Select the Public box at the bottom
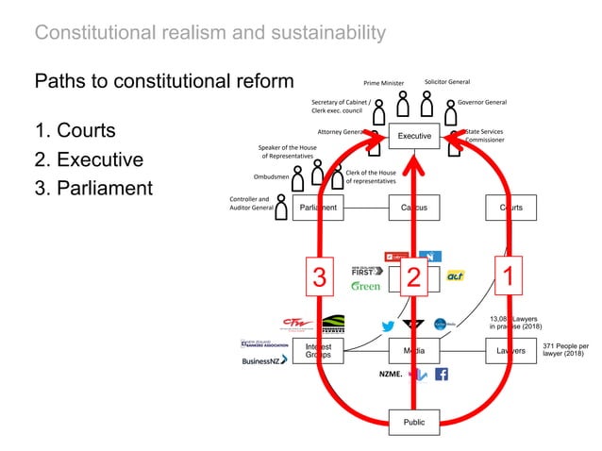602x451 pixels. click(413, 422)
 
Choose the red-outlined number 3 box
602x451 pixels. click(320, 276)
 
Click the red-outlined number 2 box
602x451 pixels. click(413, 276)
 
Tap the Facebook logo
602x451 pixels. click(441, 375)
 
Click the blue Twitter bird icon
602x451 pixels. click(388, 326)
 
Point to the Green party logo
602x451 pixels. click(365, 286)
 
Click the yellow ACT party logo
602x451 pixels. click(456, 275)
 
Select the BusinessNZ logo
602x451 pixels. click(265, 360)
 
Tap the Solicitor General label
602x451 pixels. click(447, 82)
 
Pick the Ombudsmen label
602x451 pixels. click(271, 176)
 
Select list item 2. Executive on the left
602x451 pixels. click(89, 159)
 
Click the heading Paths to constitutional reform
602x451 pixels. click(164, 81)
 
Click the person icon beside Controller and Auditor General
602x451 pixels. click(280, 207)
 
